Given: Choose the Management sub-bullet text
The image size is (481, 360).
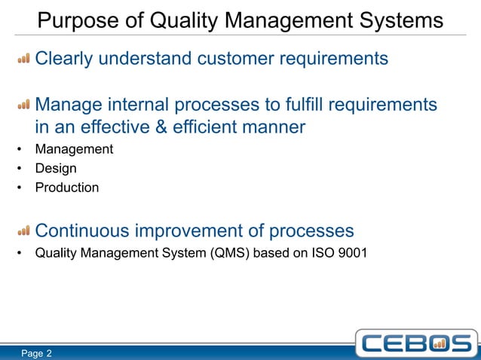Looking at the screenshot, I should (x=74, y=149).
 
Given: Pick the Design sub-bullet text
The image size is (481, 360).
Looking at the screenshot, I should (x=56, y=169).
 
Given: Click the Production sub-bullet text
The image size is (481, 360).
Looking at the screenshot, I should (x=67, y=188).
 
